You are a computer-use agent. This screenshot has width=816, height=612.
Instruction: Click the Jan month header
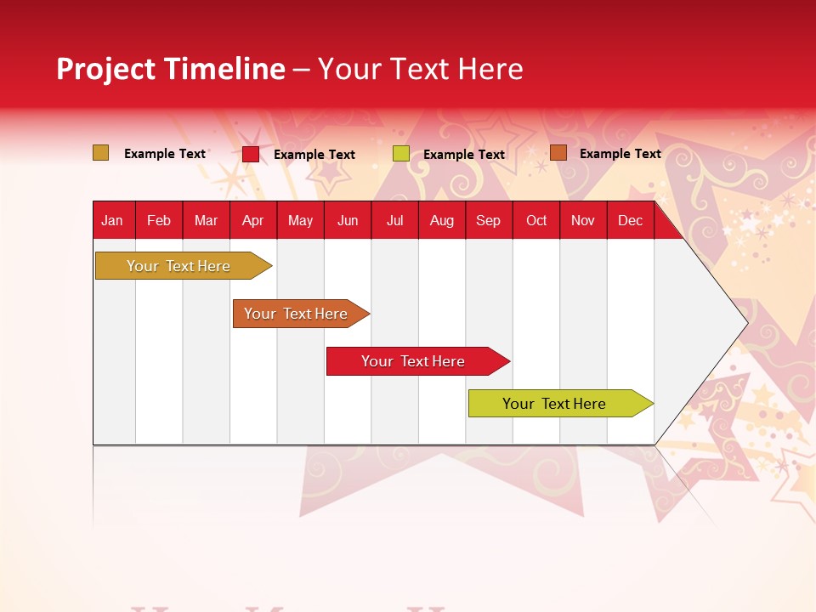coord(112,220)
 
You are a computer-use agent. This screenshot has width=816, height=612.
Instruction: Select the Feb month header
coord(159,220)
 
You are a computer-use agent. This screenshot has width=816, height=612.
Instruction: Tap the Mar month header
coord(206,220)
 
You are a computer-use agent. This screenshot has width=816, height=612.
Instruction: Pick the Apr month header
coord(253,220)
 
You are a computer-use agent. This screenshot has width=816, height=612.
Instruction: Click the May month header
coord(300,220)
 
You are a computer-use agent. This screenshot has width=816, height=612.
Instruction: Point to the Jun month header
coord(348,220)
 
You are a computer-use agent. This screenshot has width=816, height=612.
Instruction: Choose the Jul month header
coord(394,220)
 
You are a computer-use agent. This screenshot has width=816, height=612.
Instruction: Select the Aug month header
coord(442,220)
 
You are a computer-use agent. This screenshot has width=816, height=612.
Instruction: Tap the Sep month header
coord(489,220)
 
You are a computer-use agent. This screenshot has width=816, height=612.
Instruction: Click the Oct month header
coord(536,220)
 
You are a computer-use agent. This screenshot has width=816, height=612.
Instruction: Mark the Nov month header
coord(583,220)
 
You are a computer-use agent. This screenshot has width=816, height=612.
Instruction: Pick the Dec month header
coord(631,220)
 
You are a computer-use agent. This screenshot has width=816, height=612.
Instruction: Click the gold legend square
coord(101,153)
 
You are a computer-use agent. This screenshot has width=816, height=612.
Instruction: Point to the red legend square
coord(251,154)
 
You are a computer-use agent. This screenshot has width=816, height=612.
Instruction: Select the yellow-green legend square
coord(401,154)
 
